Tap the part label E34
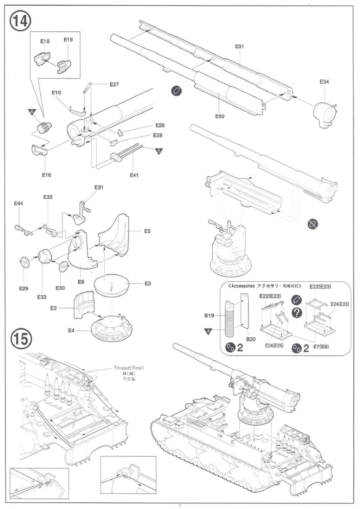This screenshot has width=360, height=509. click(324, 82)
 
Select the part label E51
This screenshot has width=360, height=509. click(239, 46)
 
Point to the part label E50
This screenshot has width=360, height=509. click(219, 116)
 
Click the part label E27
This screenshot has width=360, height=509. click(114, 84)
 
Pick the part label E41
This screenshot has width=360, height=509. click(134, 175)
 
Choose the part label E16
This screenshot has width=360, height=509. click(46, 175)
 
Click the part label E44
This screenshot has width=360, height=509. click(19, 204)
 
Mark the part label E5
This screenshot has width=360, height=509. click(147, 231)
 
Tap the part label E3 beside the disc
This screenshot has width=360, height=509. click(148, 283)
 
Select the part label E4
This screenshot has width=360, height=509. click(71, 331)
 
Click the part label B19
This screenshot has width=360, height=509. click(209, 315)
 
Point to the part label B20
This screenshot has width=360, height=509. click(251, 339)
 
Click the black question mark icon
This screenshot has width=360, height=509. click(297, 313)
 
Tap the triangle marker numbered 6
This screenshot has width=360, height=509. click(32, 112)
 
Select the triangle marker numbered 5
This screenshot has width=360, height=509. click(159, 151)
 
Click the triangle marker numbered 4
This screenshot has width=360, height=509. click(208, 331)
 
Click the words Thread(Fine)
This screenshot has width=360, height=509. click(129, 368)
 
